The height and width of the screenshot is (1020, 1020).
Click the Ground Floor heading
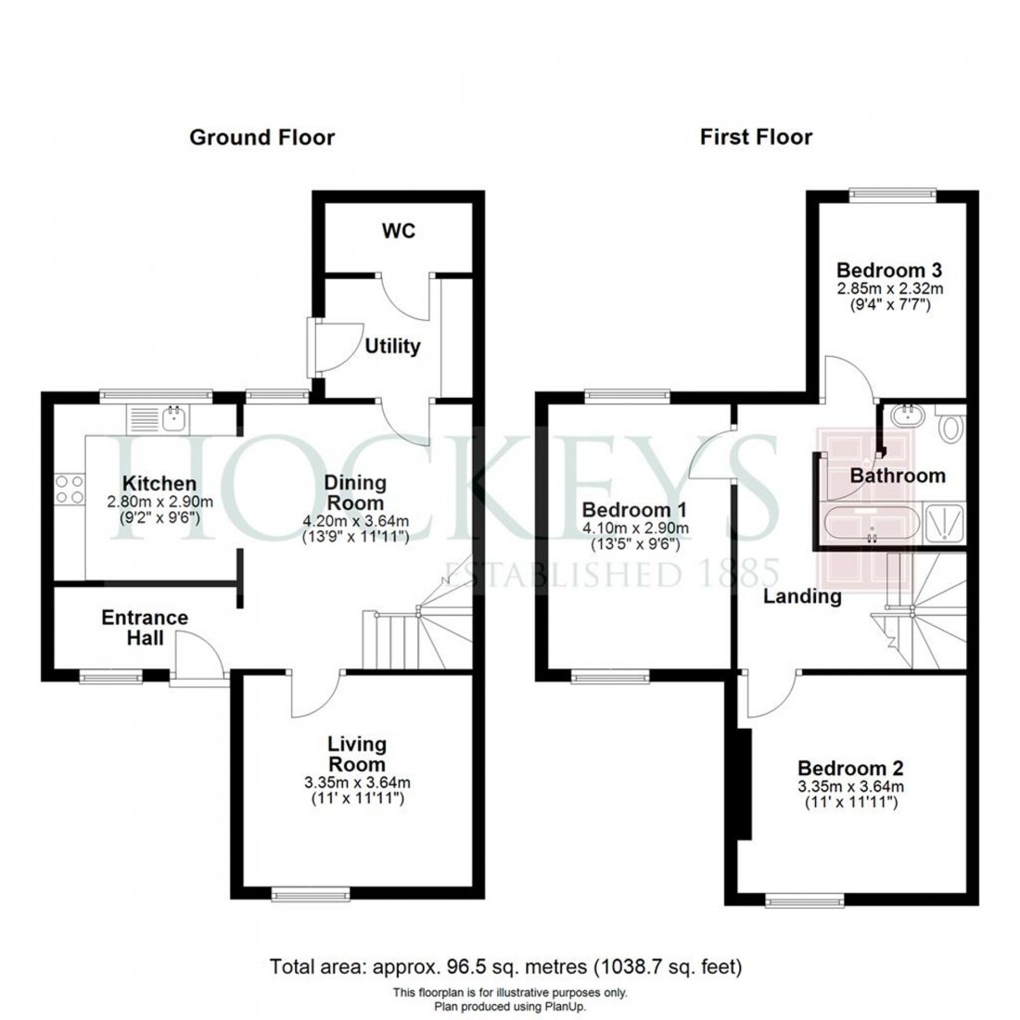point(261,138)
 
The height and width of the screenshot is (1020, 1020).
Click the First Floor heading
point(756,137)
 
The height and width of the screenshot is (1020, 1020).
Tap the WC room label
point(398,231)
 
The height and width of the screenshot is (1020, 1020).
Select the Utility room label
point(392,347)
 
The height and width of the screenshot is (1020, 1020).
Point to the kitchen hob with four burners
point(68,489)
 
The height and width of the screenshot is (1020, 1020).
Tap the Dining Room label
point(355,493)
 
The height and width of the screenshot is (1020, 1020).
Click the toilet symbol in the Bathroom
point(949,428)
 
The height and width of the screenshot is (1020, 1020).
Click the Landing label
point(802,597)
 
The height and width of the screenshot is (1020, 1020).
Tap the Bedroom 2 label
point(850,769)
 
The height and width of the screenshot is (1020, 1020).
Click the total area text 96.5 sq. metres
point(505,968)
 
